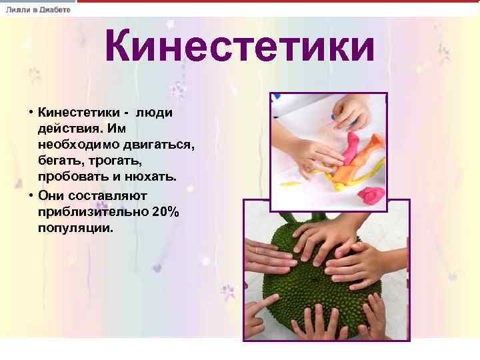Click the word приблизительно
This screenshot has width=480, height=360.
[91, 212]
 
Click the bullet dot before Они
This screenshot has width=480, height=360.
[31, 196]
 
